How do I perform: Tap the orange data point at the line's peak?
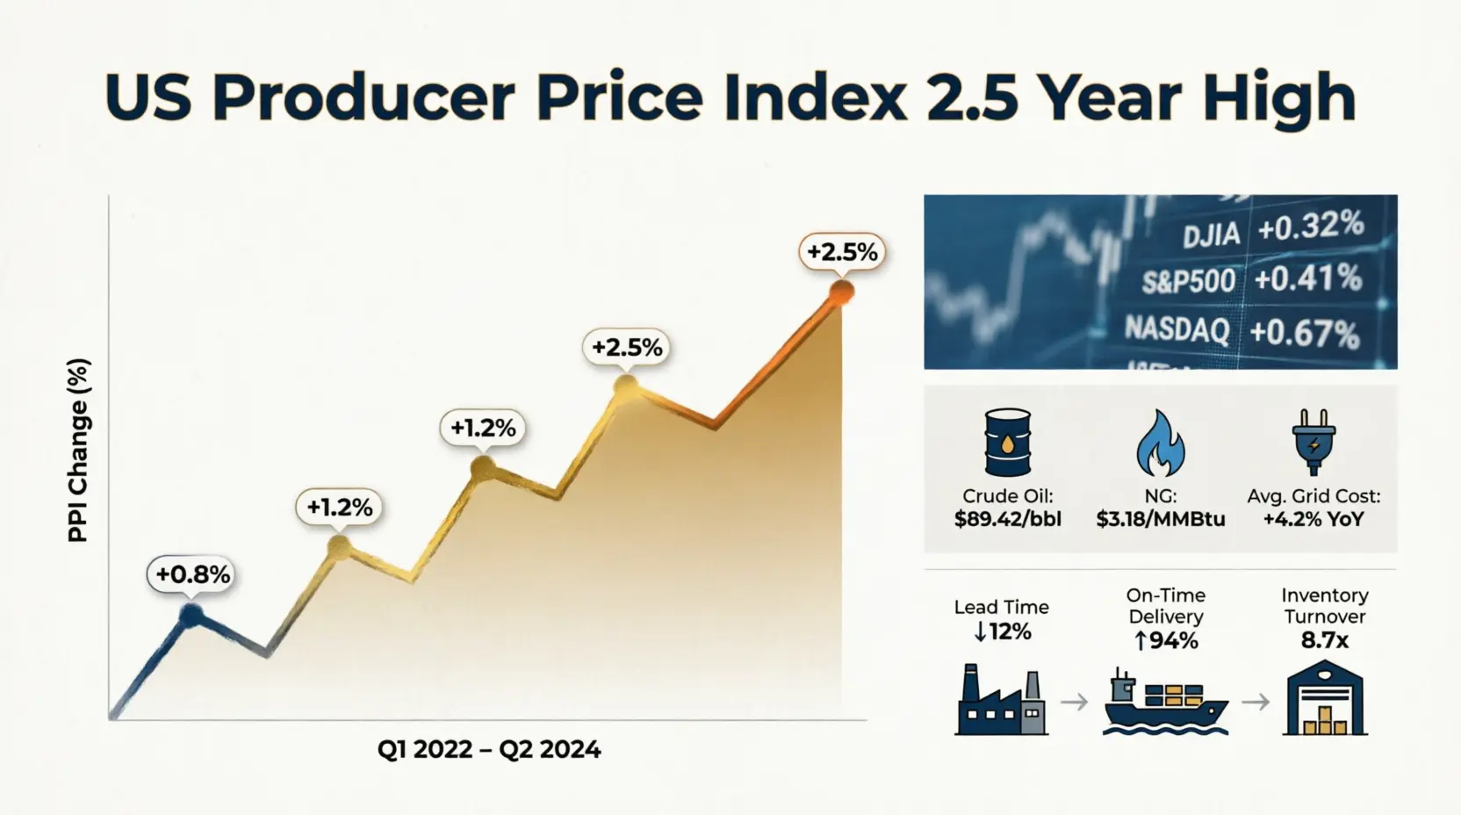(841, 292)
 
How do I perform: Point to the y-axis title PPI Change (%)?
(78, 451)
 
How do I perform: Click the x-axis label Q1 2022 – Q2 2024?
(489, 749)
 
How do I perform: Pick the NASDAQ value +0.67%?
(1305, 333)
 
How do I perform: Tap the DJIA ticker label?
(1211, 234)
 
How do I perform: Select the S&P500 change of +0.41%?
(1307, 278)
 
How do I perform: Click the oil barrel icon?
(1008, 443)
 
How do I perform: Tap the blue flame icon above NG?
(1161, 444)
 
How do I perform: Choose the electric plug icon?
(1313, 442)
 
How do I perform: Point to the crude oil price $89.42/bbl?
(1008, 519)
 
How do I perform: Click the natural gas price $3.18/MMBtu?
(1161, 519)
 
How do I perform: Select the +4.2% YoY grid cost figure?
(1313, 519)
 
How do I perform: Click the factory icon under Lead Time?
(1001, 699)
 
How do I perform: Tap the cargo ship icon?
(1165, 702)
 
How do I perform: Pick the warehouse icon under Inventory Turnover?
(1325, 698)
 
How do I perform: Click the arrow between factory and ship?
(1074, 702)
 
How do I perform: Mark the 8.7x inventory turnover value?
(1325, 641)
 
